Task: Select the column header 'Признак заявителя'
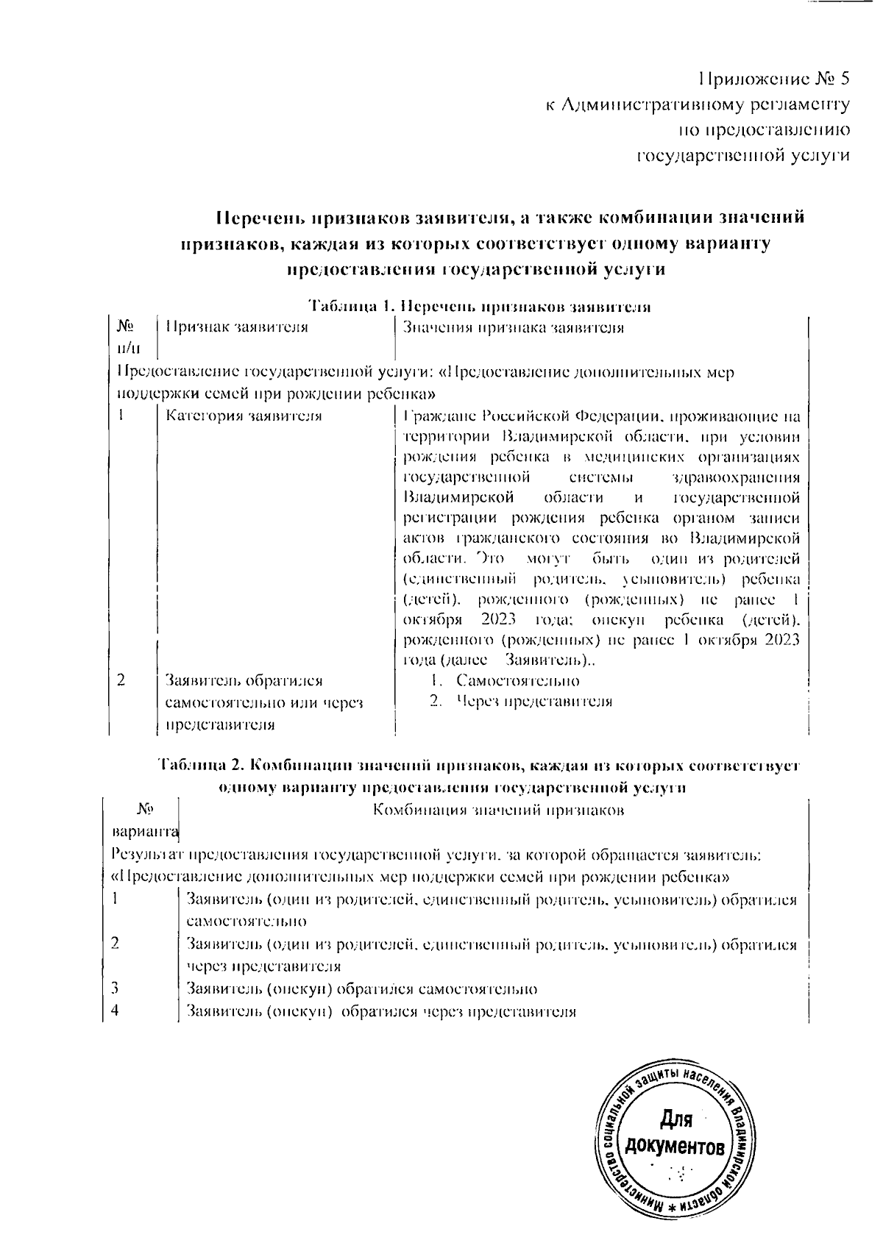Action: pyautogui.click(x=236, y=328)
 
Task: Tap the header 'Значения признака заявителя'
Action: pyautogui.click(x=514, y=328)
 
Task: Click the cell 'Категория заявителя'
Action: pyautogui.click(x=244, y=416)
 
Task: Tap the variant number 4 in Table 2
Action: pyautogui.click(x=115, y=1010)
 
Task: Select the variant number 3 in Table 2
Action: pyautogui.click(x=115, y=988)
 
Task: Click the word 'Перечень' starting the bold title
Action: pyautogui.click(x=258, y=218)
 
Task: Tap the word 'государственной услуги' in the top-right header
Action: pyautogui.click(x=742, y=156)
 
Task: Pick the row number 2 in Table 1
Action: pyautogui.click(x=121, y=680)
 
